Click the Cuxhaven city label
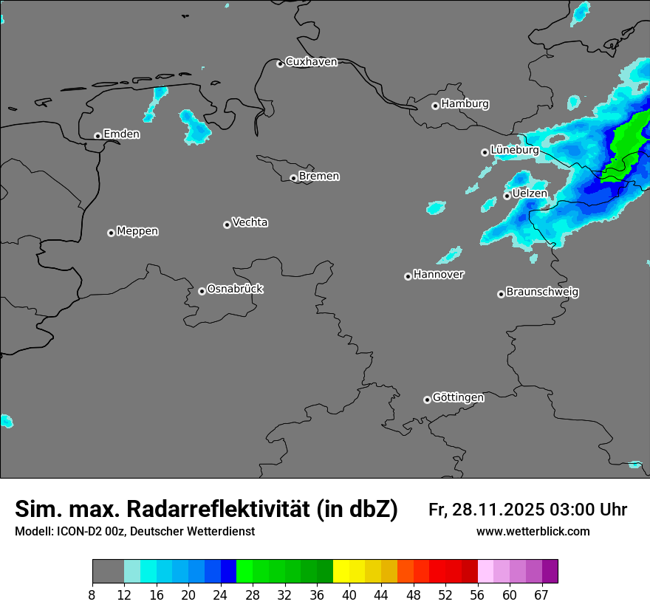pyautogui.click(x=311, y=62)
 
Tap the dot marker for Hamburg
pyautogui.click(x=435, y=106)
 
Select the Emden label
pyautogui.click(x=121, y=134)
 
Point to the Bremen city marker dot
pyautogui.click(x=293, y=178)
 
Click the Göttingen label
pyautogui.click(x=458, y=397)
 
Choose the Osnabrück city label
pyautogui.click(x=235, y=289)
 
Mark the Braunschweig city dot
pyautogui.click(x=501, y=294)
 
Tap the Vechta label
pyautogui.click(x=250, y=222)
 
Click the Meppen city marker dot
pyautogui.click(x=111, y=233)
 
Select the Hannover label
pyautogui.click(x=438, y=275)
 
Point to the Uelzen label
pyautogui.click(x=530, y=194)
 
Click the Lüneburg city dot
pyautogui.click(x=485, y=152)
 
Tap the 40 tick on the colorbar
pyautogui.click(x=349, y=595)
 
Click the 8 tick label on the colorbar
pyautogui.click(x=92, y=595)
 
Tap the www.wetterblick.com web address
pyautogui.click(x=533, y=532)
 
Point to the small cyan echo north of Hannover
pyautogui.click(x=449, y=256)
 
